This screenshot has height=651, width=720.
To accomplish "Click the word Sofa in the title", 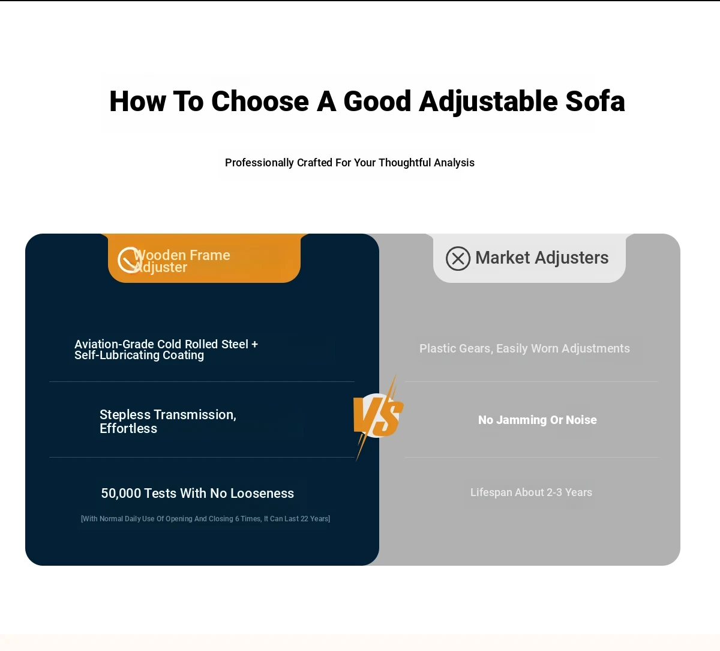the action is (x=595, y=101).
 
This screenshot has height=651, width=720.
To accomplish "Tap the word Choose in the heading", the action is (x=260, y=101).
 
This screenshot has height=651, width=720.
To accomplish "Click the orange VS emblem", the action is (x=379, y=417).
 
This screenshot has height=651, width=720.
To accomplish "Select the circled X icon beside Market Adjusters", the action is (x=458, y=258).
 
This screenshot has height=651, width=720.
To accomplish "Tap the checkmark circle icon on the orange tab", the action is (x=129, y=259).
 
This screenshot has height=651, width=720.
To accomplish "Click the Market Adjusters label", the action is (x=542, y=258).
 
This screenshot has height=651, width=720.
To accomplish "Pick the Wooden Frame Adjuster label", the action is (x=182, y=261).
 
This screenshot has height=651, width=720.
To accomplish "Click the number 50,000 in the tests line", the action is (x=121, y=494).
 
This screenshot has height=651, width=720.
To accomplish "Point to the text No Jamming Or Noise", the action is (x=538, y=420).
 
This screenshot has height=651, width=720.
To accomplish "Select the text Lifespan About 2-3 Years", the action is (x=531, y=492).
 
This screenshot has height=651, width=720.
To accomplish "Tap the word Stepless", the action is (x=125, y=415).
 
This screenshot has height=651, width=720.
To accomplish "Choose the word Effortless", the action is (x=128, y=429).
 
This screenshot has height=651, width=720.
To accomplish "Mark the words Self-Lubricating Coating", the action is (x=139, y=356).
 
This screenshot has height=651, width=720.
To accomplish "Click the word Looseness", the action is (x=262, y=494).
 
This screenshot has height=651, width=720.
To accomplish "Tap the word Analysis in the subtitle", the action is (x=454, y=163).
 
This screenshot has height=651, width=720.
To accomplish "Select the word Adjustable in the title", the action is (x=488, y=101).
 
